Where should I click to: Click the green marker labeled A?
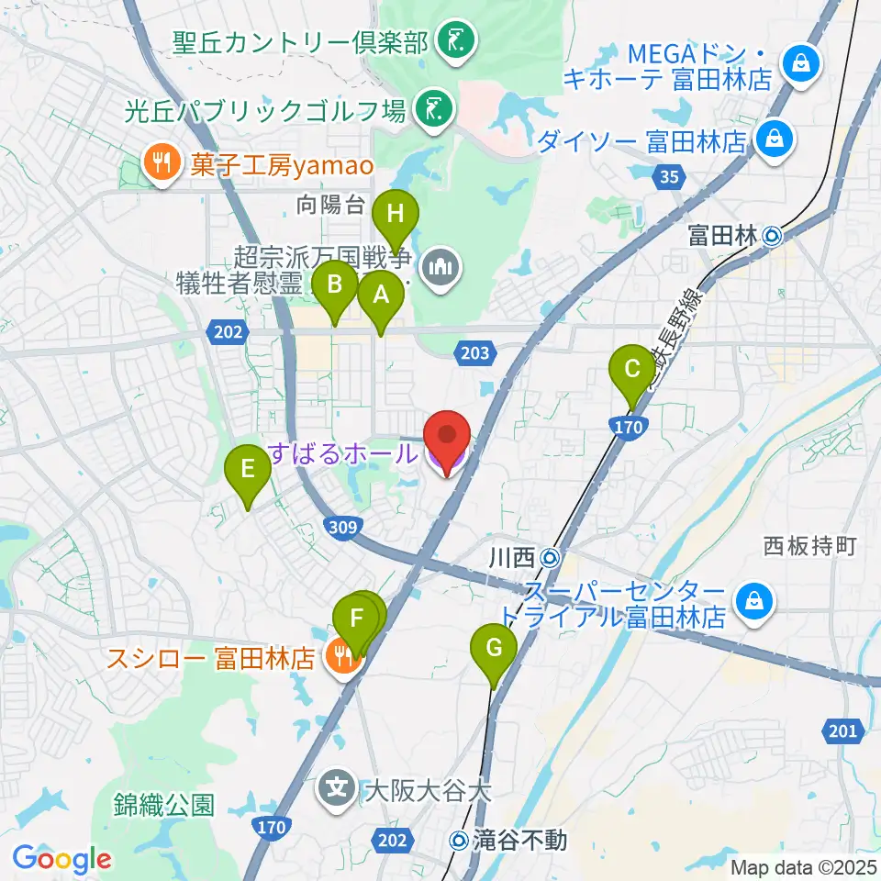(x=379, y=296)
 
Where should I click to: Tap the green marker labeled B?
(x=336, y=284)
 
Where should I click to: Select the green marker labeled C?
(x=632, y=369)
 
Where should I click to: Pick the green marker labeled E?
(x=248, y=470)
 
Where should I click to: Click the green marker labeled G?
(x=494, y=648)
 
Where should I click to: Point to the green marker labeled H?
(x=396, y=215)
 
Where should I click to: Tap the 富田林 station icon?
(x=772, y=237)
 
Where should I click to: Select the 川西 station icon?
(x=550, y=557)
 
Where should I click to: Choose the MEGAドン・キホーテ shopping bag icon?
(x=801, y=64)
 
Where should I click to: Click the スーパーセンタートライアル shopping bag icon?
(x=753, y=603)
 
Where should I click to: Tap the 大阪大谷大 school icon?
(x=338, y=788)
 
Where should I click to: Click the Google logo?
(x=61, y=858)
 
